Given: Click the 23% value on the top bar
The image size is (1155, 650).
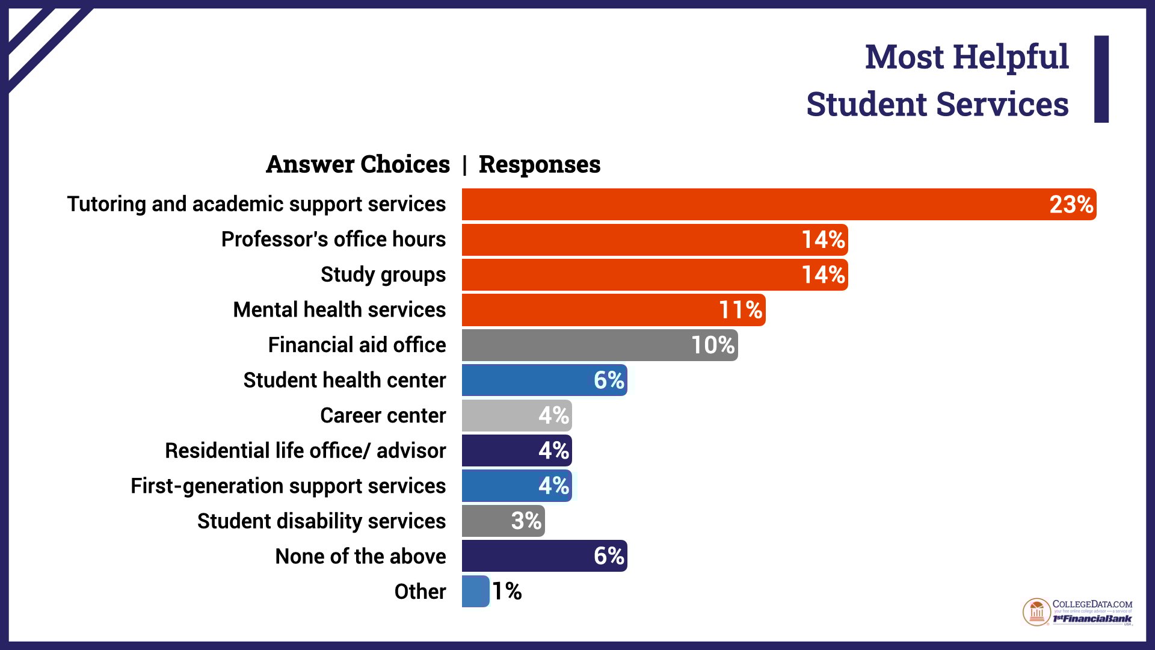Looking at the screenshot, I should click(1071, 205).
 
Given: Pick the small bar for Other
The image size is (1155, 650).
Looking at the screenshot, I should click(475, 591).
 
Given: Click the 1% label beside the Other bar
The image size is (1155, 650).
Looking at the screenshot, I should click(507, 591).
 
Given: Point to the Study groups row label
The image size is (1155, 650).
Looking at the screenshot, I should click(383, 274).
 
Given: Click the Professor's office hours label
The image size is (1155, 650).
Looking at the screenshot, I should click(333, 240).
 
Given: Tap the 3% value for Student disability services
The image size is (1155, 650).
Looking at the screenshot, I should click(526, 521).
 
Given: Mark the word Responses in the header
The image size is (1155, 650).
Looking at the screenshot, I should click(540, 164).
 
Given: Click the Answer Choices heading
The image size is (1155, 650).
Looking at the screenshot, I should click(358, 164).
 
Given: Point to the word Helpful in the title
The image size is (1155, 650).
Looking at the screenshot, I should click(1011, 57).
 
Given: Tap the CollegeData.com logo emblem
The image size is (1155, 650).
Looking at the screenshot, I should click(1036, 612).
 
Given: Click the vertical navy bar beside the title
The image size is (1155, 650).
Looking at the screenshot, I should click(1101, 79).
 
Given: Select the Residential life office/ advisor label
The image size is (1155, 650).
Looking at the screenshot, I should click(306, 451).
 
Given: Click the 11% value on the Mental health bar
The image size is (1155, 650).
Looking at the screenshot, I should click(741, 310).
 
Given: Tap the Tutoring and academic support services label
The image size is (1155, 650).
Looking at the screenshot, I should click(256, 205).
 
